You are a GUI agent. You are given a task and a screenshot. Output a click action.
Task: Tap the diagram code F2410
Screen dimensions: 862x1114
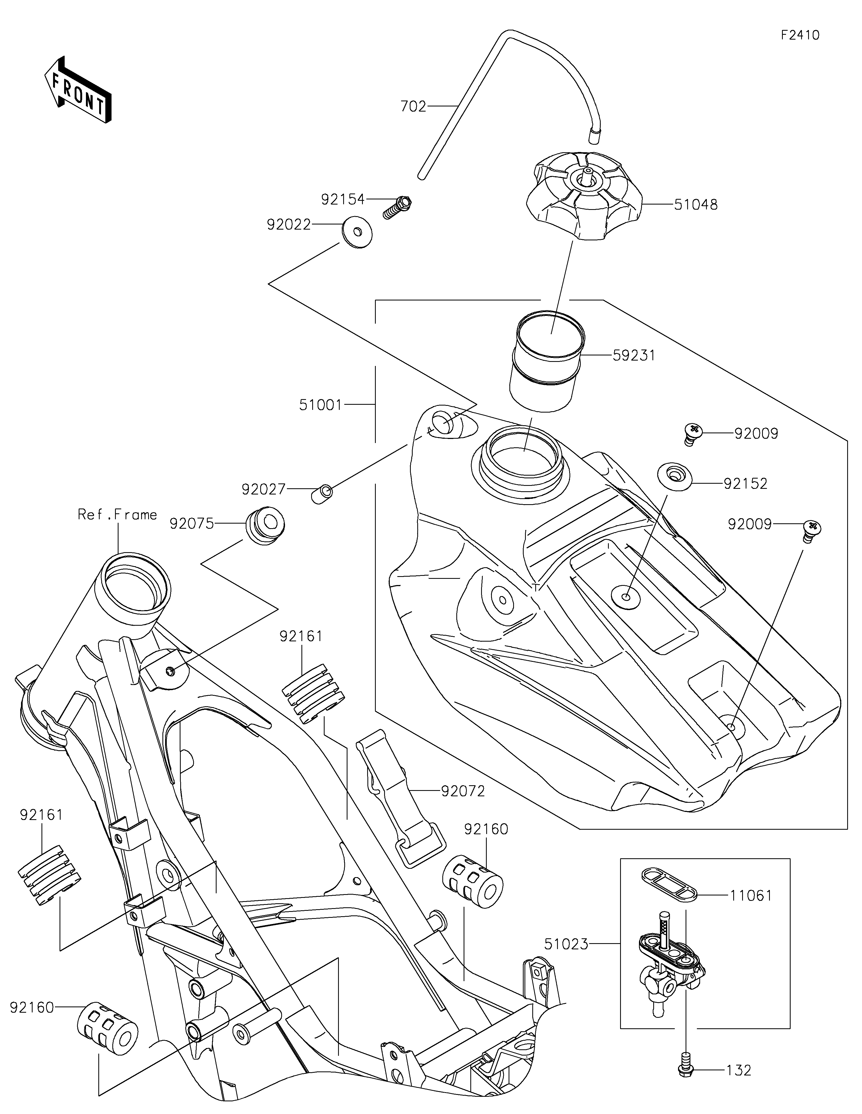click(x=800, y=35)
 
